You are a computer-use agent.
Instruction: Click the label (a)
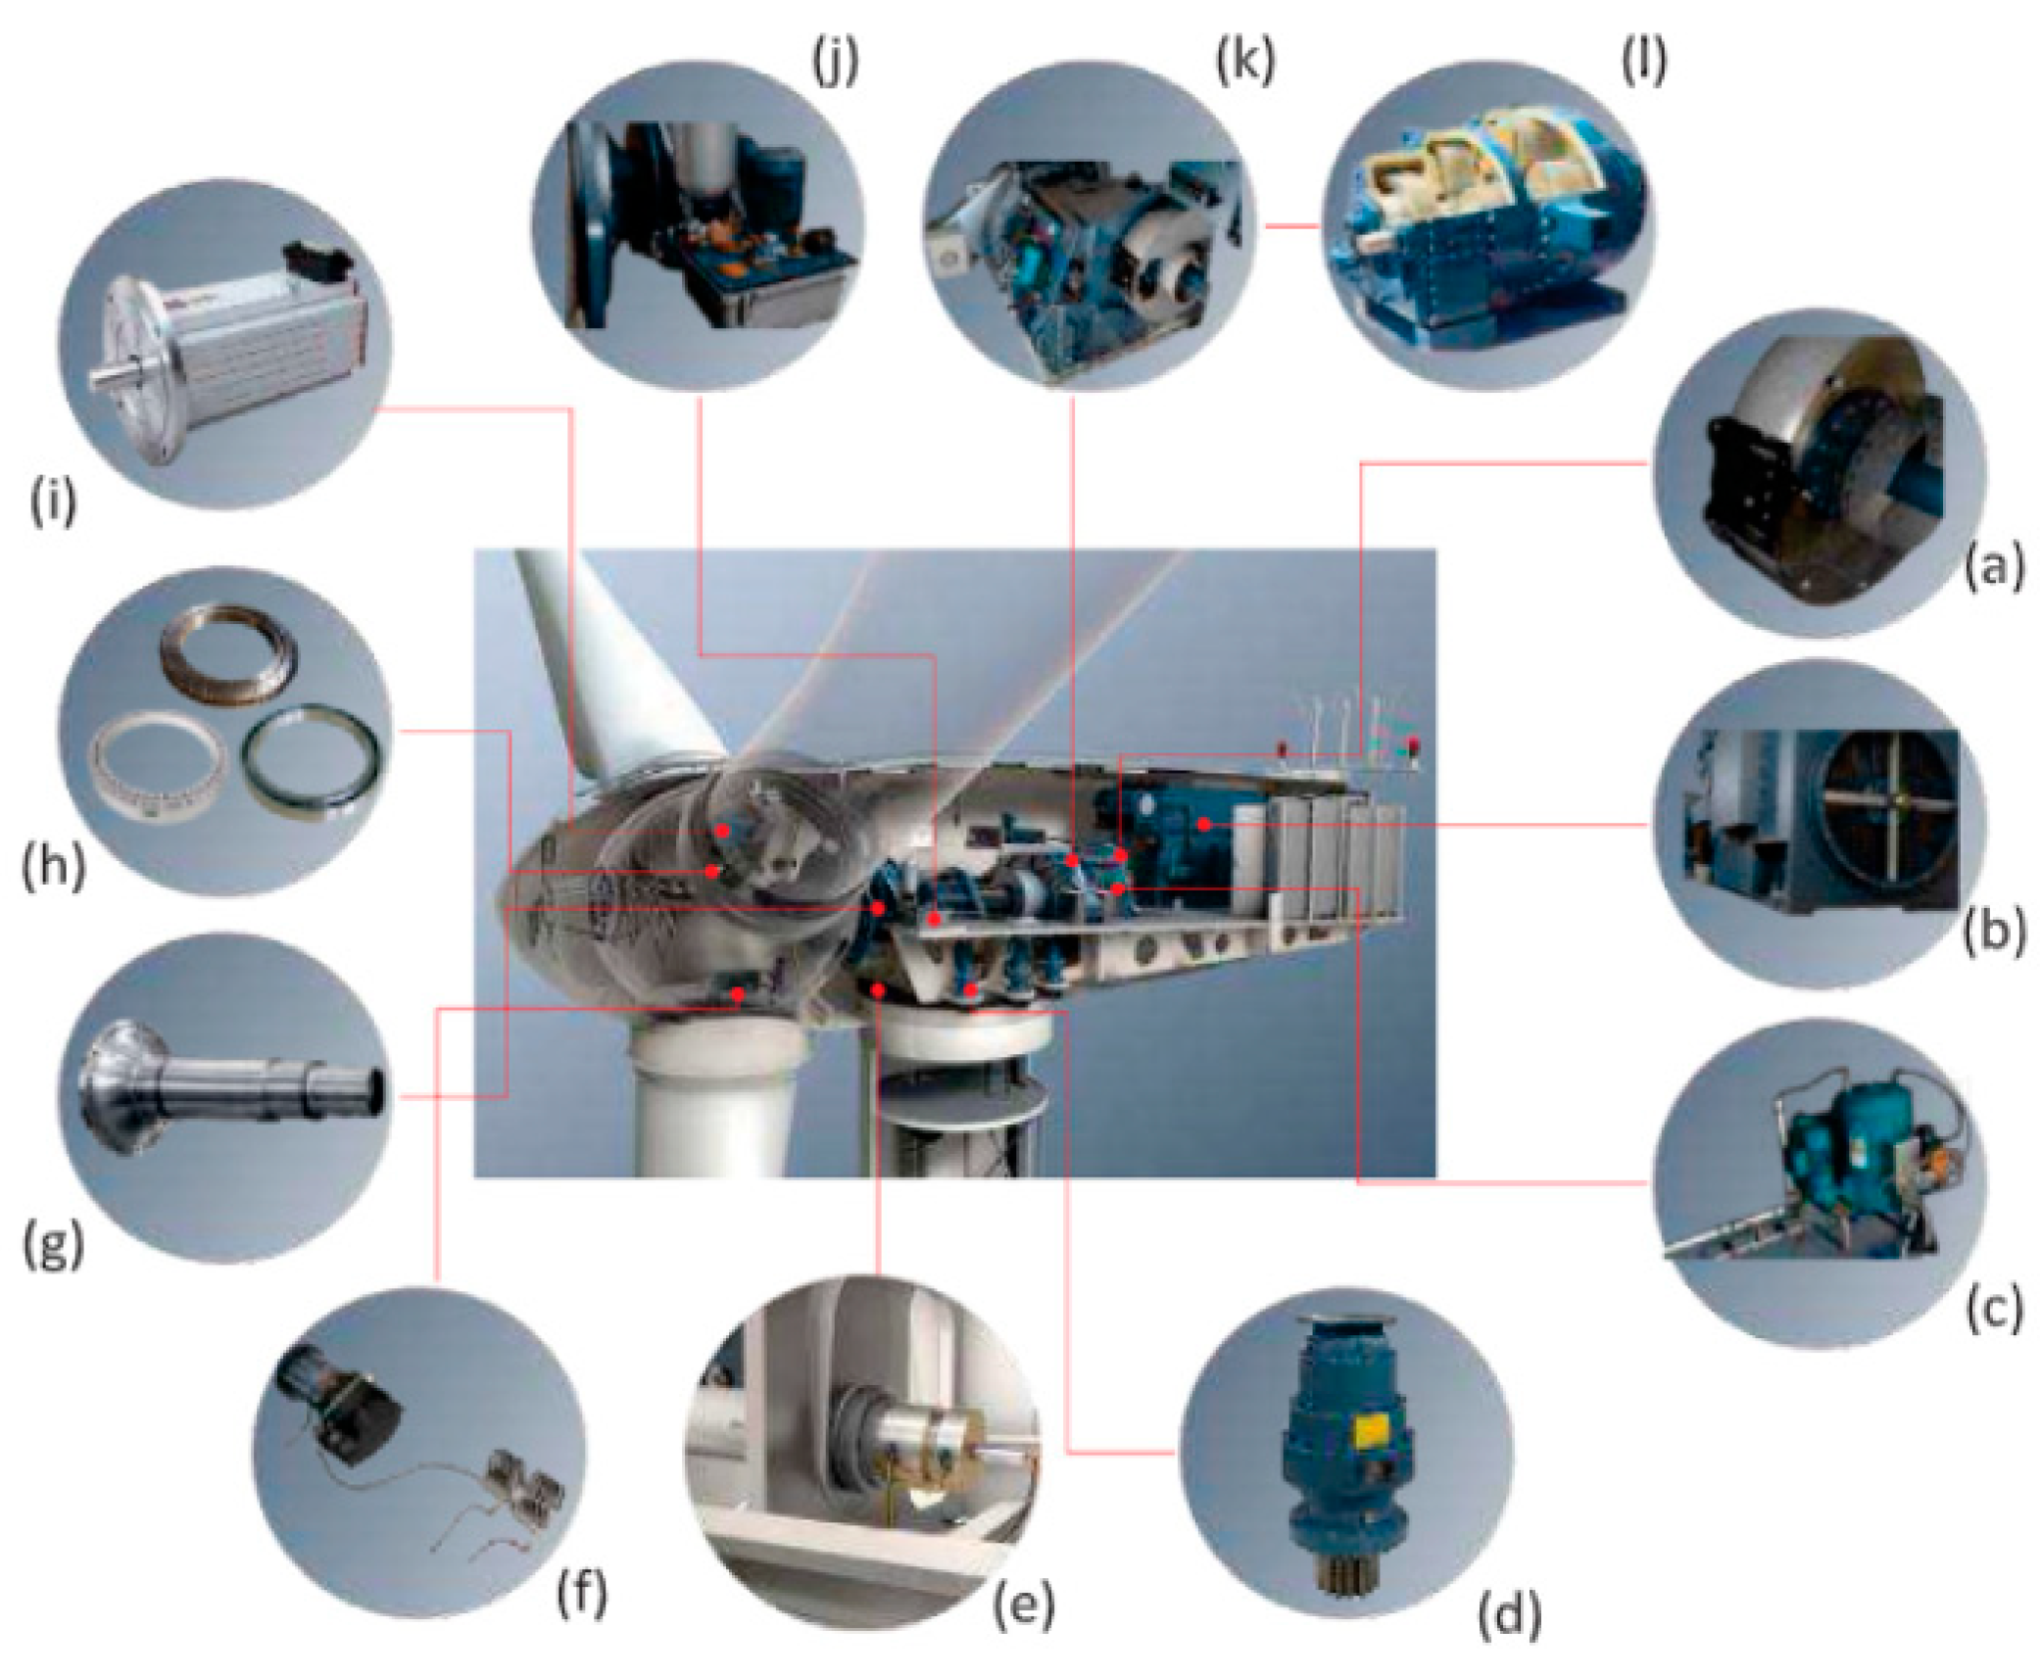tap(1993, 567)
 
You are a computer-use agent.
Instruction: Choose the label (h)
tap(53, 867)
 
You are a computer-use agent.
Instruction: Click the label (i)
tap(53, 503)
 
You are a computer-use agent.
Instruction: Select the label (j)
tap(835, 63)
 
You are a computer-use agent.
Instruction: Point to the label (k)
tap(1245, 62)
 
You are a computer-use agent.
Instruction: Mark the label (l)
tap(1644, 62)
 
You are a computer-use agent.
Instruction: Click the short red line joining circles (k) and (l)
tap(1291, 226)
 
